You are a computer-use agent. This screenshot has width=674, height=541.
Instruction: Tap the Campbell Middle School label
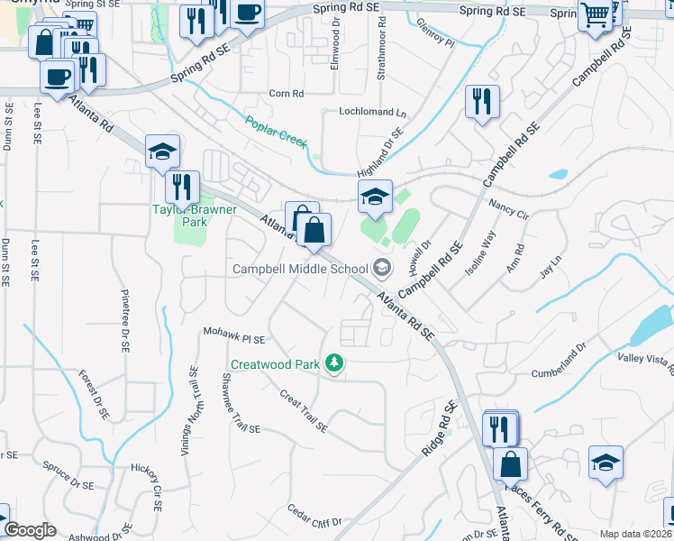300,268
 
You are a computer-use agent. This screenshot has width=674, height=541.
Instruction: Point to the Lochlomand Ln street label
373,113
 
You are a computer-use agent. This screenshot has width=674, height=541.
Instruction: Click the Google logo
30,530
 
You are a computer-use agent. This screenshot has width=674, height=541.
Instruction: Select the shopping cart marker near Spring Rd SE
595,14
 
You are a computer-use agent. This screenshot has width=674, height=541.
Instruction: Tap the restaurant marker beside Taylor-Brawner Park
183,187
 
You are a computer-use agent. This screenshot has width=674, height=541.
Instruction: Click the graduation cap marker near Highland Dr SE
375,196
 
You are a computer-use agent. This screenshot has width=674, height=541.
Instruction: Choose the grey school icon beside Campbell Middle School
382,267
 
